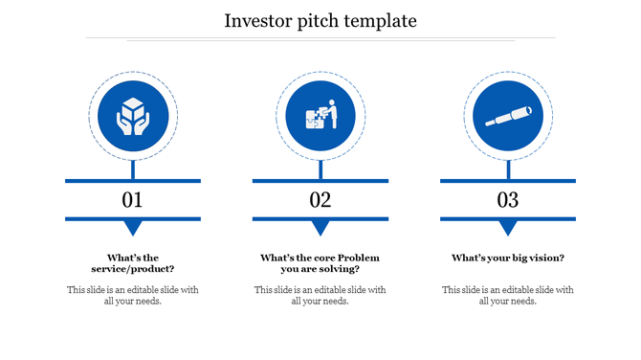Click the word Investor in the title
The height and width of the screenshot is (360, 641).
tap(257, 20)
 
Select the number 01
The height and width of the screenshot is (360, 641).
tap(132, 200)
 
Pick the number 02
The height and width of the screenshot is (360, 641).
tap(320, 200)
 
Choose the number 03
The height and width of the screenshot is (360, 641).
tap(507, 200)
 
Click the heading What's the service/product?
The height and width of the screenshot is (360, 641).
tap(132, 263)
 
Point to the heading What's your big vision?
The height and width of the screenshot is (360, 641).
tap(507, 258)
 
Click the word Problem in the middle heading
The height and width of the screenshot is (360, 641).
tap(358, 258)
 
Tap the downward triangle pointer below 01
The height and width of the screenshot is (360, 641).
tap(132, 228)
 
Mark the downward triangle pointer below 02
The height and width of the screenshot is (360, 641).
tap(320, 228)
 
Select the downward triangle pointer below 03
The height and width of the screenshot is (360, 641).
tap(507, 228)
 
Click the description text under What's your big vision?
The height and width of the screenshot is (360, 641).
tap(507, 295)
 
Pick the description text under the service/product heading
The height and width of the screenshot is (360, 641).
tap(132, 295)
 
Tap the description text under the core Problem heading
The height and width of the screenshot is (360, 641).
tap(320, 295)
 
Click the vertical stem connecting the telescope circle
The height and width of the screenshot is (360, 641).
tap(507, 169)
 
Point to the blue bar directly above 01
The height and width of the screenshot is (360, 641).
tap(132, 180)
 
